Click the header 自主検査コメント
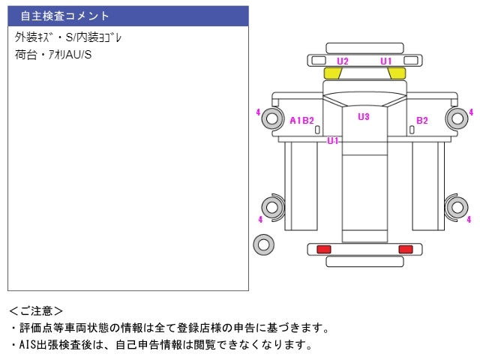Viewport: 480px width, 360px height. click(64, 16)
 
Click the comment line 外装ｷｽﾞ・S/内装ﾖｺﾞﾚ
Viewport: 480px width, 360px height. click(68, 37)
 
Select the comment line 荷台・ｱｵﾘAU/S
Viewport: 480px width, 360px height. click(53, 55)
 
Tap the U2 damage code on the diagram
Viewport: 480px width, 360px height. click(343, 61)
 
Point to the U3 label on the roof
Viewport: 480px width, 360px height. click(364, 117)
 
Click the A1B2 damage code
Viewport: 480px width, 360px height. click(301, 121)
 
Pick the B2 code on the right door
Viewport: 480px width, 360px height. click(422, 121)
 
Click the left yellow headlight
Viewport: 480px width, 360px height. click(333, 73)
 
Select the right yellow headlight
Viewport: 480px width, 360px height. click(397, 73)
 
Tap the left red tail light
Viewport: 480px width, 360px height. click(324, 249)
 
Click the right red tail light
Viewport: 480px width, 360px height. click(406, 249)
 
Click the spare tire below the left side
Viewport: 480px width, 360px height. click(263, 244)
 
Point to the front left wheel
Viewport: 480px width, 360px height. click(271, 118)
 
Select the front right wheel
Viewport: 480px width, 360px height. click(457, 118)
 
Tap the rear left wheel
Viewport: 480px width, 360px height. click(272, 208)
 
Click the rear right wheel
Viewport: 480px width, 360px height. click(457, 208)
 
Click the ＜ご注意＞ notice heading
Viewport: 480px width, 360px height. click(36, 311)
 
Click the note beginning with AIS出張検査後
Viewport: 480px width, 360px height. click(162, 345)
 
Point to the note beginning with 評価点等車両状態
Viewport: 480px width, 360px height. click(170, 328)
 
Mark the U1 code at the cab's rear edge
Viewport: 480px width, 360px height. click(333, 141)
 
